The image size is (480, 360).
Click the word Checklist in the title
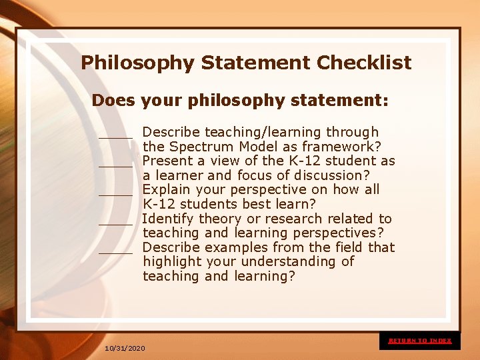click(364, 63)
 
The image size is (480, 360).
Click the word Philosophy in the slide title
click(138, 64)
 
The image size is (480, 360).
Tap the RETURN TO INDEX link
click(420, 341)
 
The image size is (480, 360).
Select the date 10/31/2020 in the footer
click(125, 349)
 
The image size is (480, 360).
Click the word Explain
click(167, 189)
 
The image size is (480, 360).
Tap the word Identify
click(167, 219)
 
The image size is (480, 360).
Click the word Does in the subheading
click(113, 101)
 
